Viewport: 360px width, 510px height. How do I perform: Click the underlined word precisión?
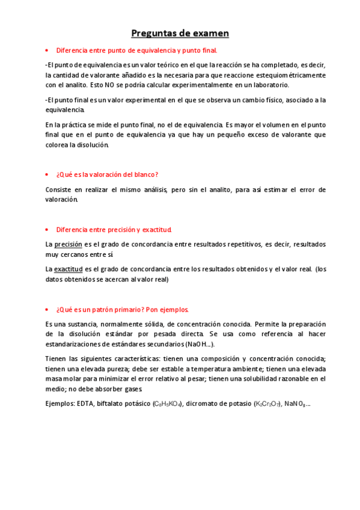coord(68,244)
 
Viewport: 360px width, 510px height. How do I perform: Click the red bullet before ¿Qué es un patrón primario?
coord(47,310)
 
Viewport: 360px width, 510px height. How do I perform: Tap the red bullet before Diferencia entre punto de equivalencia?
coord(47,51)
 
